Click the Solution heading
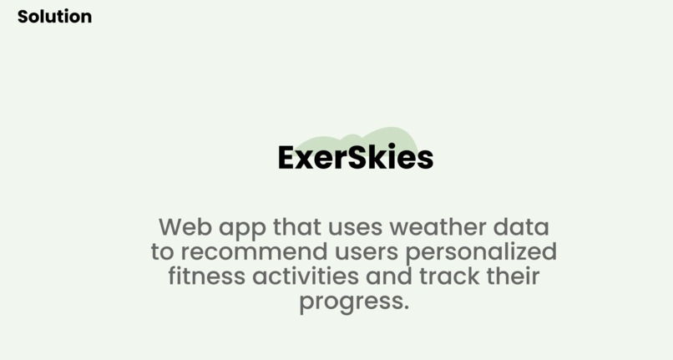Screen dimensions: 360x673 pyautogui.click(x=54, y=16)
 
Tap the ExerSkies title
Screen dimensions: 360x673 pyautogui.click(x=355, y=158)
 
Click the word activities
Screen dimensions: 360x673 pyautogui.click(x=300, y=276)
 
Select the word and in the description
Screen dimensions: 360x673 pyautogui.click(x=386, y=276)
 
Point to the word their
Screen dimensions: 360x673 pyautogui.click(x=512, y=276)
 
